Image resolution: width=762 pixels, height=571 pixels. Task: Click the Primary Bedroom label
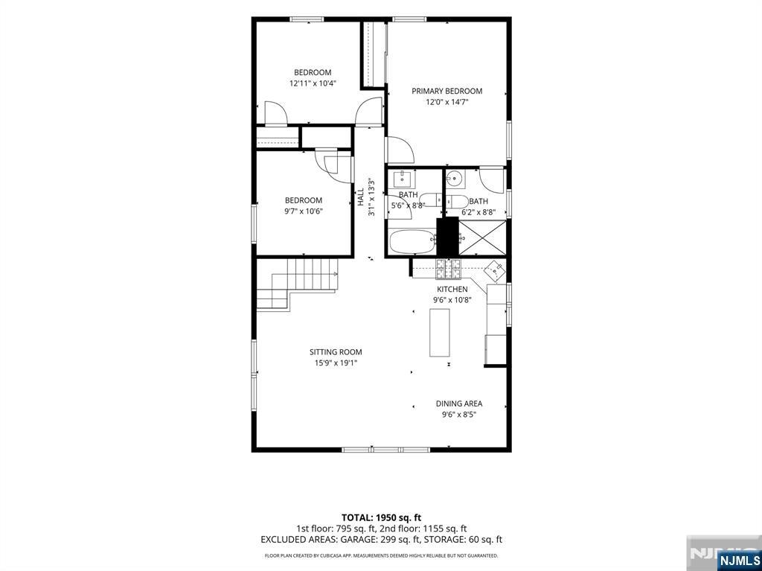(446, 91)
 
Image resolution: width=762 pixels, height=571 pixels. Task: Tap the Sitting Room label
(336, 352)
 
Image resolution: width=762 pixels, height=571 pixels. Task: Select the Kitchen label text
(452, 290)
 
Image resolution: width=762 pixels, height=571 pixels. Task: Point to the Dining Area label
(458, 403)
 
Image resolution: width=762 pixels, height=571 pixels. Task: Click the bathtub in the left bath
(412, 241)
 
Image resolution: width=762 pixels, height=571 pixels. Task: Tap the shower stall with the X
(482, 237)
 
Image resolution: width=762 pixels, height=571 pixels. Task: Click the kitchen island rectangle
(439, 333)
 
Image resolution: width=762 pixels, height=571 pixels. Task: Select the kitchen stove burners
(448, 269)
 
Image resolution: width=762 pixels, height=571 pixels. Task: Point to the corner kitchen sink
(495, 270)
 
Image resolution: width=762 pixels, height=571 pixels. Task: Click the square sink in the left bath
(403, 179)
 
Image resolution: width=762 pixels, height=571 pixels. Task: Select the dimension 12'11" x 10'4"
(313, 83)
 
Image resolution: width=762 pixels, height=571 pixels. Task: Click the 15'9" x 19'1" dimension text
(336, 363)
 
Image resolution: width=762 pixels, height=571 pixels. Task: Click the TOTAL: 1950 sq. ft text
(381, 517)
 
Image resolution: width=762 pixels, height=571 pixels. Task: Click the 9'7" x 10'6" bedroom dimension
(304, 211)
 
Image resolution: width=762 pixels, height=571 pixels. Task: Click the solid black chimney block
(447, 237)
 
